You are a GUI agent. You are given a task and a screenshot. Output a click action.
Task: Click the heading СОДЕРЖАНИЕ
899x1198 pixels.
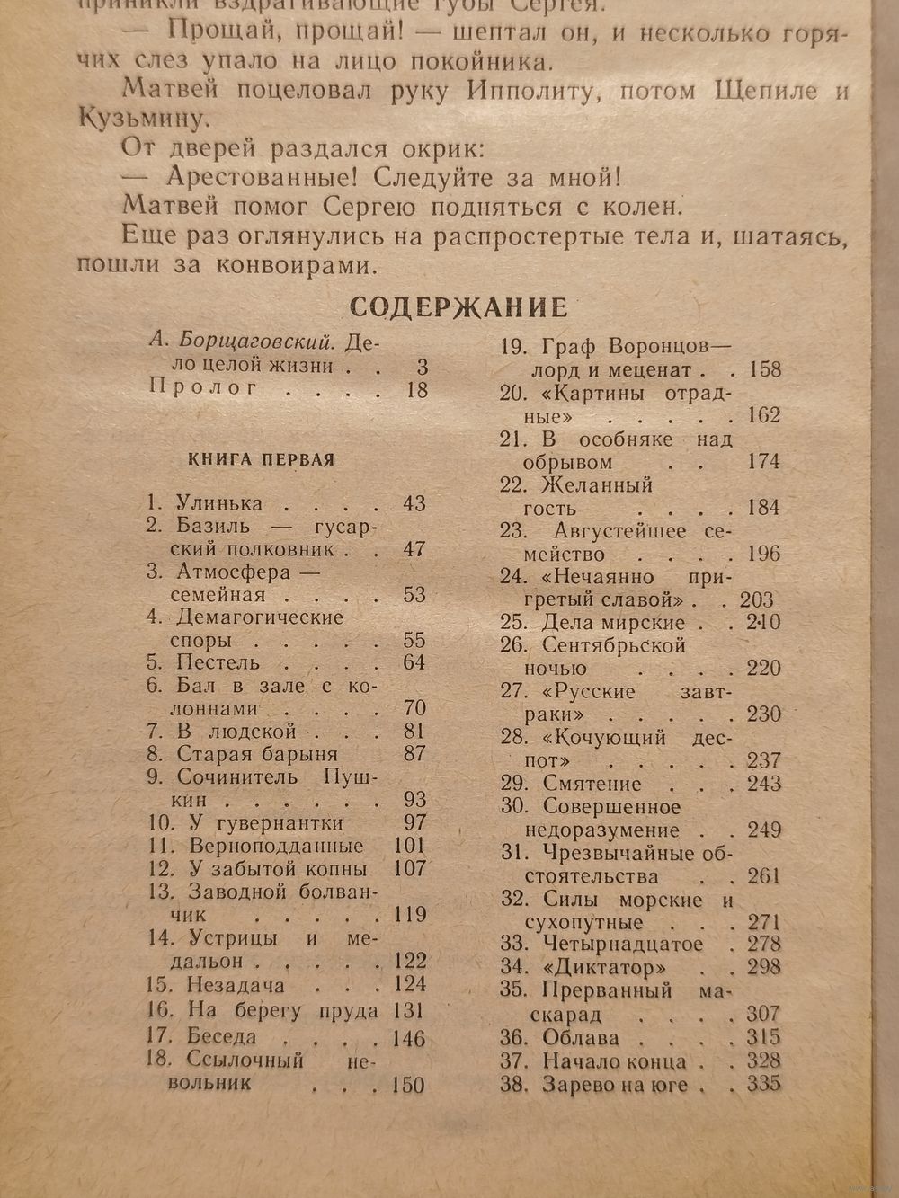coord(458,307)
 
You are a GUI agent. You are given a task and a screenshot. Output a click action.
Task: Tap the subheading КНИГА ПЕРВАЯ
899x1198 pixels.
coord(262,459)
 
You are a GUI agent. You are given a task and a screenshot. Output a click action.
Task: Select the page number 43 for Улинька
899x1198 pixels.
coord(414,503)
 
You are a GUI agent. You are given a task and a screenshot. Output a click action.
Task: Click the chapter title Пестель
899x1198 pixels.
coord(218,662)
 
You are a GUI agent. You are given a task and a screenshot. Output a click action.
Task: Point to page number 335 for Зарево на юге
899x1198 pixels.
coord(763,1083)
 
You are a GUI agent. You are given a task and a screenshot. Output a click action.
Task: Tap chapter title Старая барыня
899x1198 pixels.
coord(257,753)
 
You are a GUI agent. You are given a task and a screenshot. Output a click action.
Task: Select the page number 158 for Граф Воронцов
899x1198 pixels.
coord(763,368)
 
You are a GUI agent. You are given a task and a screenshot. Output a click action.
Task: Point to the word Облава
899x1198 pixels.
coord(581,1037)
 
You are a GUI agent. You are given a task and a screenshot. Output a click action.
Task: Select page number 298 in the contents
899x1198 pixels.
coord(763,968)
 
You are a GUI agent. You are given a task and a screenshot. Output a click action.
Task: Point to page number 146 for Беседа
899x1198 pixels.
coord(409,1038)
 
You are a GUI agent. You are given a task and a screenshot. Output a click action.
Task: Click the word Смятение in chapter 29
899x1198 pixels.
coord(592,784)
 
